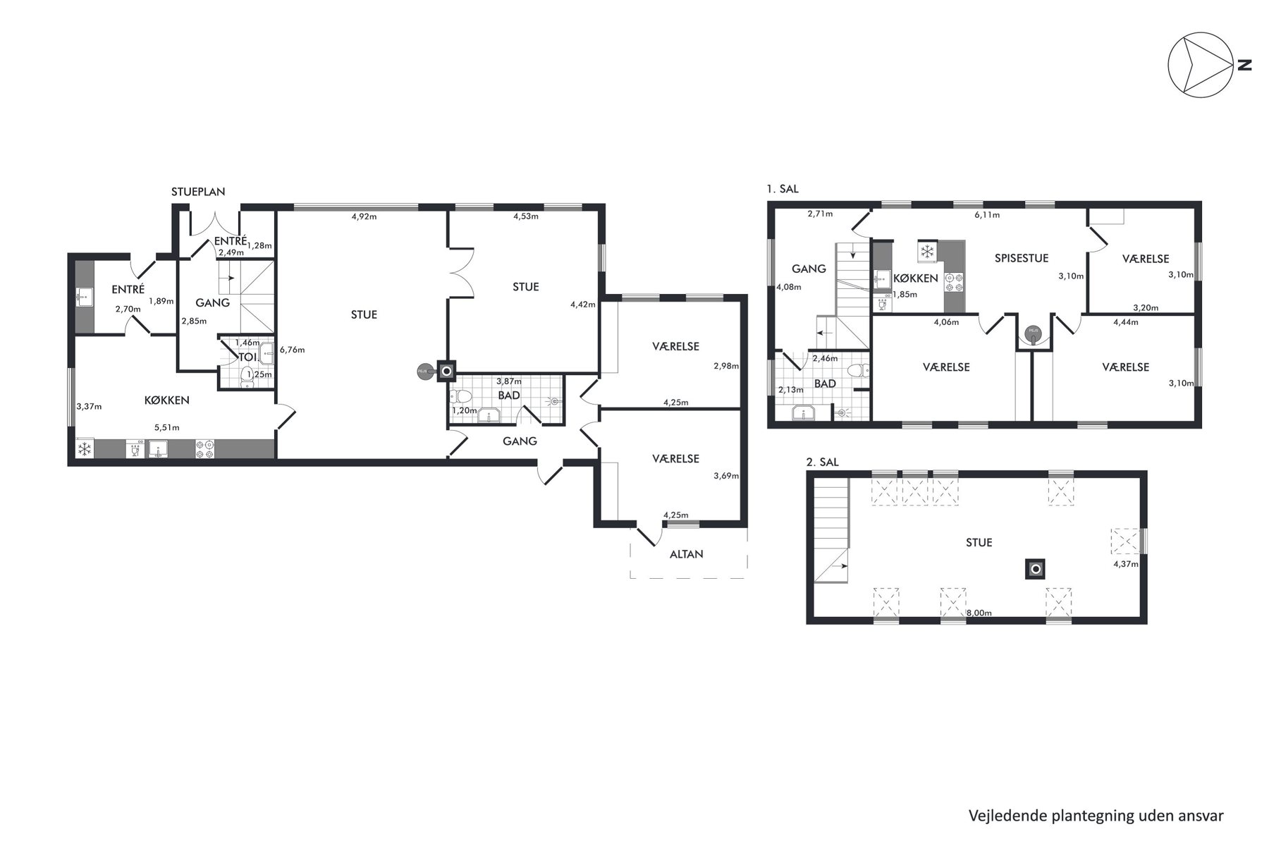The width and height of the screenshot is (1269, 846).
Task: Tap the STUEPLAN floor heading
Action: (199, 192)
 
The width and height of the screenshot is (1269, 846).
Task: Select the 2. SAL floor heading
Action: (823, 462)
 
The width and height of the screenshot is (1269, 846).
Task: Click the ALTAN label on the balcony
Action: (687, 554)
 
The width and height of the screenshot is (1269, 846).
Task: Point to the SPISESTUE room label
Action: (1022, 258)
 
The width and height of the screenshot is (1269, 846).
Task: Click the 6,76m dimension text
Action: (292, 350)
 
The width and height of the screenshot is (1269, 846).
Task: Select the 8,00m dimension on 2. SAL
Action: (979, 613)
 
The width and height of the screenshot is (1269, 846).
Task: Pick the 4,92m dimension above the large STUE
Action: (364, 216)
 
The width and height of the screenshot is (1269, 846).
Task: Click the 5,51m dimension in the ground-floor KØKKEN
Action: (167, 427)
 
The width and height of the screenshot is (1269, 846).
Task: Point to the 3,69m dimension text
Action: (726, 476)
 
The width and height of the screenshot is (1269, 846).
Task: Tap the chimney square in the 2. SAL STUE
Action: (1035, 569)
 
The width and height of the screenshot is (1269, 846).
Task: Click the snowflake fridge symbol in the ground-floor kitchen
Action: (85, 449)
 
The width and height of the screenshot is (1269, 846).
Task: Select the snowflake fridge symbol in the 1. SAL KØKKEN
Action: (927, 251)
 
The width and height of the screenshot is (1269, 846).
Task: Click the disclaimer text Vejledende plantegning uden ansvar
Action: (1096, 816)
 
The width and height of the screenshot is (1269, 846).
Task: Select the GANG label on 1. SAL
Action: (809, 269)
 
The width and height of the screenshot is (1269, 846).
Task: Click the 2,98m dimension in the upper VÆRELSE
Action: (726, 366)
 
